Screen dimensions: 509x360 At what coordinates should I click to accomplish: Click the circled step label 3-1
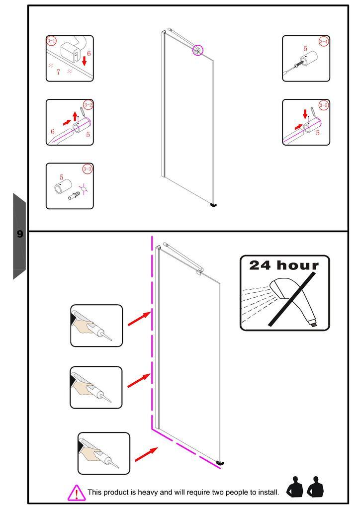pos(51,40)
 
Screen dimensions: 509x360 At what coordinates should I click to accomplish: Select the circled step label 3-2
pos(88,104)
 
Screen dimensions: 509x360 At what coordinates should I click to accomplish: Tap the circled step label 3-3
pos(88,169)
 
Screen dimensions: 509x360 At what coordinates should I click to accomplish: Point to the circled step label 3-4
pos(324,41)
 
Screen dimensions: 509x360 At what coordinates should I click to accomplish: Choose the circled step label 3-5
pos(324,105)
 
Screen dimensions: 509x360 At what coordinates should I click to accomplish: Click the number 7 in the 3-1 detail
pos(58,72)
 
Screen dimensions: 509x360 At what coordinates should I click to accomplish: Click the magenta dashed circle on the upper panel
pos(198,50)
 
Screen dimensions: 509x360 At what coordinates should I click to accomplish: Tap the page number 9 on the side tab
pos(20,234)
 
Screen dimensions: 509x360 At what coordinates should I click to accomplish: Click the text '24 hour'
pos(284,265)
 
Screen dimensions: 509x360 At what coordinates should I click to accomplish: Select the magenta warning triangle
pos(76,493)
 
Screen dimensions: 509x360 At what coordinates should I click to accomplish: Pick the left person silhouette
pos(295,487)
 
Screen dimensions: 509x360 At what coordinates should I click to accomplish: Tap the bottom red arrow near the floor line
pos(146,453)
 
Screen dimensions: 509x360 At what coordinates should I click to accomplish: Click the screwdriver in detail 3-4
pos(294,67)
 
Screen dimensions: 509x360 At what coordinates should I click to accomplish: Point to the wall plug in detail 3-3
pos(74,195)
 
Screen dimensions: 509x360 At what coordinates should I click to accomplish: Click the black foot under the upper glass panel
pos(214,204)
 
